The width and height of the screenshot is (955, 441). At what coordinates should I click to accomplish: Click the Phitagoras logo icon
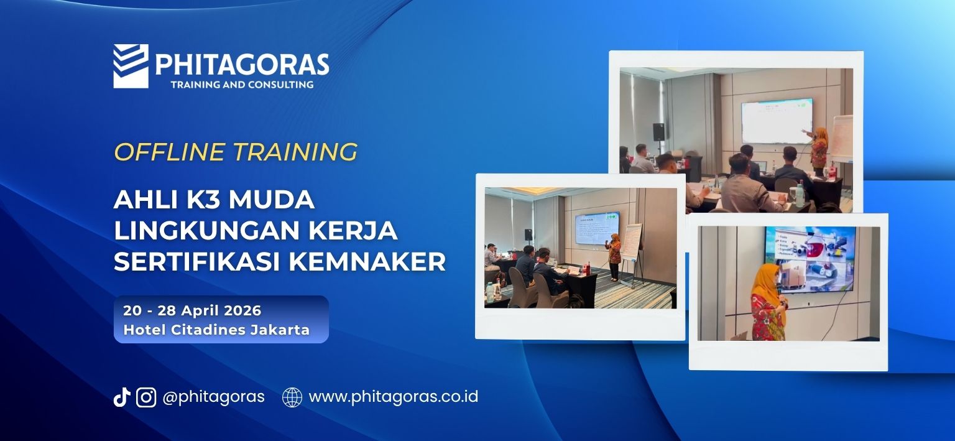point(131,66)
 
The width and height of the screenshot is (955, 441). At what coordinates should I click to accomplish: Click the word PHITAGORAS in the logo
point(242,64)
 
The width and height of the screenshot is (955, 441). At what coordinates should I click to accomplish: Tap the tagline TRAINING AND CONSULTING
point(242,84)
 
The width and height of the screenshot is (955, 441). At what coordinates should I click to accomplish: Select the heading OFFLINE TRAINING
point(236,152)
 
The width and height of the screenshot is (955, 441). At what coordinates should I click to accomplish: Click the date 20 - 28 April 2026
point(192,310)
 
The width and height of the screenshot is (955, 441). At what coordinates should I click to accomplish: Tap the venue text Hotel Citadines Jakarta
point(216,330)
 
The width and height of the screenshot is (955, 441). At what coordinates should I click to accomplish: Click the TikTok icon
point(122,397)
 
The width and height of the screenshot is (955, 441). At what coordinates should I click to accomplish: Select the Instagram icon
point(146,397)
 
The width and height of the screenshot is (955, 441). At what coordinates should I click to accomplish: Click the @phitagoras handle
point(213,397)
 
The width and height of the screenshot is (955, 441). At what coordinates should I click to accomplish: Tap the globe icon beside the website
point(292,397)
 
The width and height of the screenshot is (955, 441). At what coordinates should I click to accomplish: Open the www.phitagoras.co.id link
point(393,397)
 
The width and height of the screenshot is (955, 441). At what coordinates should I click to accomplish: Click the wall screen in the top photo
point(777,120)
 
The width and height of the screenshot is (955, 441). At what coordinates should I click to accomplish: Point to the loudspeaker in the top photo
point(658,131)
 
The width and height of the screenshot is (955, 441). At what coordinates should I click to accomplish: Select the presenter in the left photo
point(614,256)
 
